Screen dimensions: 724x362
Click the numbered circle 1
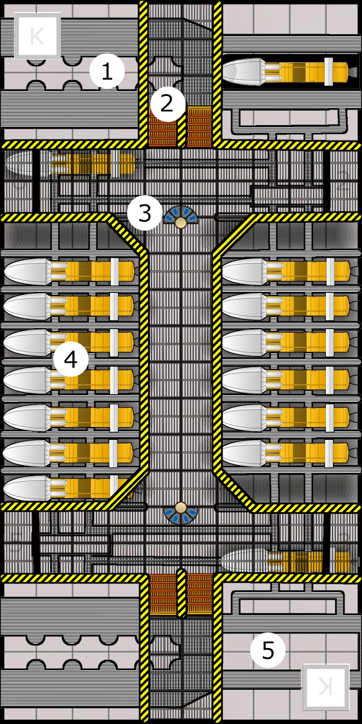107,71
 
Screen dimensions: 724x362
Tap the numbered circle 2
167,104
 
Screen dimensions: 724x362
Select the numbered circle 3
144,213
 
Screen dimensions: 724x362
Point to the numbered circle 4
71,360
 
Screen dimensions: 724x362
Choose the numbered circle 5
268,650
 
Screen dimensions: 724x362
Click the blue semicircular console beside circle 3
181,216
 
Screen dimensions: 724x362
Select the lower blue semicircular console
181,512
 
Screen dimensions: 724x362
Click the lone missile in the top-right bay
285,71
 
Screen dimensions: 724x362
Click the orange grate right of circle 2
199,126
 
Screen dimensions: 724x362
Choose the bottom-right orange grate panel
199,594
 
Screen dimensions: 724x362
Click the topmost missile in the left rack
68,271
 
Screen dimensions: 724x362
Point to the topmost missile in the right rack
285,271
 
